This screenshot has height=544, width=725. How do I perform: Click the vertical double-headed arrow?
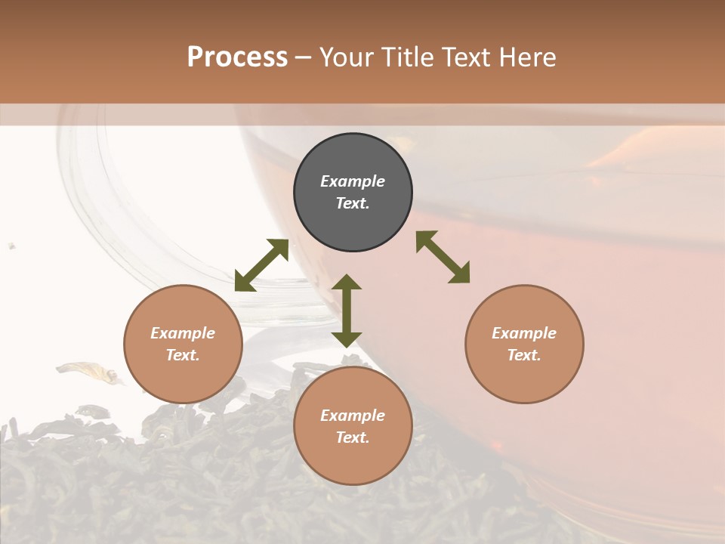[x=347, y=311]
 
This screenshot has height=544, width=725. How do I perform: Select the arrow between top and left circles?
[x=261, y=265]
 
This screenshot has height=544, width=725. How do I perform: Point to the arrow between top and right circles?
[x=443, y=257]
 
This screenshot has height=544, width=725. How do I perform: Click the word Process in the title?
[x=237, y=57]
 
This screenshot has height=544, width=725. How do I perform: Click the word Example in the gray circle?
[x=353, y=181]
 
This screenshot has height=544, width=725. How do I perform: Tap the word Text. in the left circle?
[x=183, y=355]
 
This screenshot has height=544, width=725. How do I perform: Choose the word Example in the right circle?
[x=524, y=333]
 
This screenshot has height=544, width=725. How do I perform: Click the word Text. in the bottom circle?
[x=353, y=437]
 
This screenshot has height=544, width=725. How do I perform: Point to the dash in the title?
[x=304, y=58]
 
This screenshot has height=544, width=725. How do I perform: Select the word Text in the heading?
[x=466, y=57]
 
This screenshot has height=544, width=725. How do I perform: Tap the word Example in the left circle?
[x=183, y=333]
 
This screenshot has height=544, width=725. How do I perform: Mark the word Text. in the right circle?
[x=524, y=355]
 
